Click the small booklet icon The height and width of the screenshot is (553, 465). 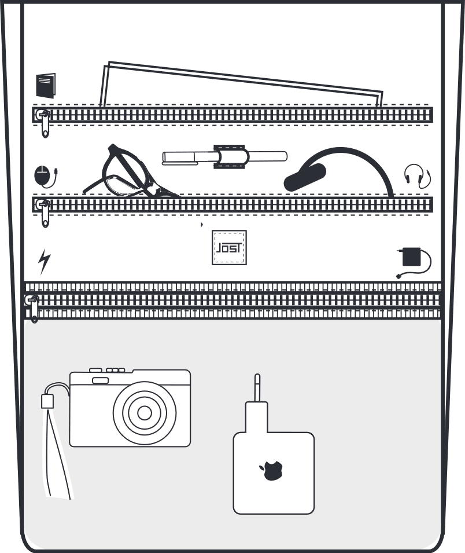coord(46,86)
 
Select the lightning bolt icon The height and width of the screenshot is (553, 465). coord(44,261)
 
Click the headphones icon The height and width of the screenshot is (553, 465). coord(416,175)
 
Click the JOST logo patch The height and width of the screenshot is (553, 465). coord(229,248)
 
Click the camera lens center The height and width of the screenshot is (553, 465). coord(145,413)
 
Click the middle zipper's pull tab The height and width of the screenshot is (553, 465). coord(44,213)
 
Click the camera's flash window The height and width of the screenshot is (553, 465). coord(101,380)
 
